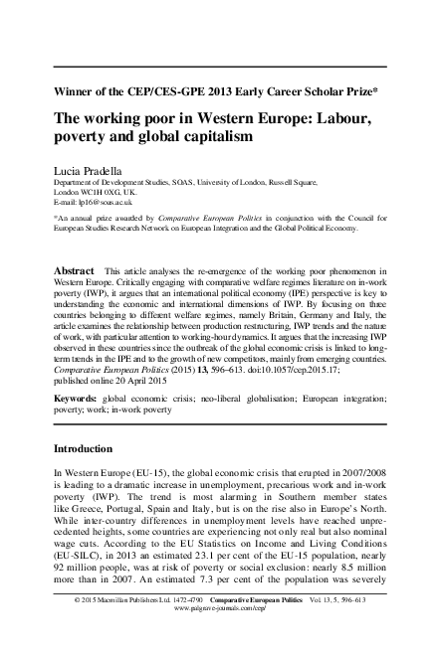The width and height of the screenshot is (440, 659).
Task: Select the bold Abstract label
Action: (x=74, y=269)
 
